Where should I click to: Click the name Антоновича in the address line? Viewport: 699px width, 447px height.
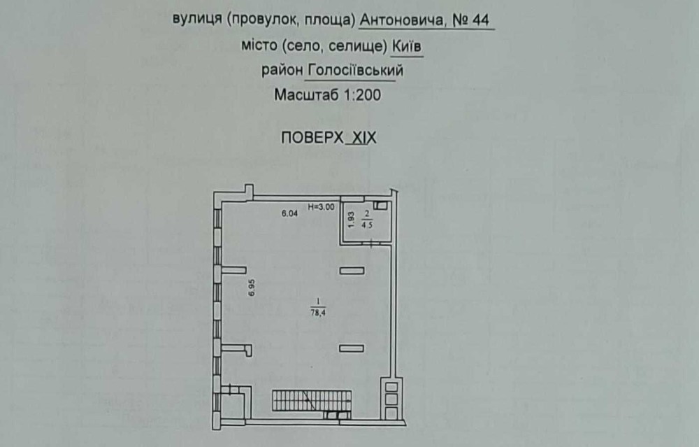401,20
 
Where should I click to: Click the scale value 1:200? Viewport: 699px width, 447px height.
362,95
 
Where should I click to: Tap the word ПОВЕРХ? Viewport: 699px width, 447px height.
312,138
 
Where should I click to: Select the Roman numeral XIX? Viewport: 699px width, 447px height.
363,138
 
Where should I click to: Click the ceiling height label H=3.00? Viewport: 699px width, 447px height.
322,207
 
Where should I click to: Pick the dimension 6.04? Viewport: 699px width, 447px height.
290,214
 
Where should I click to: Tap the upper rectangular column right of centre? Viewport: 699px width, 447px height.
352,270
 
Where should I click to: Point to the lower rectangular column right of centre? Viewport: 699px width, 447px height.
352,348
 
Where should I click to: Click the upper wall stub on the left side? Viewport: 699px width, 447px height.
233,270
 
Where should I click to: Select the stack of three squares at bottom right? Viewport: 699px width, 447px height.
391,399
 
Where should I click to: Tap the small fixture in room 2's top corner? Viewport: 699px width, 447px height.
381,205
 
